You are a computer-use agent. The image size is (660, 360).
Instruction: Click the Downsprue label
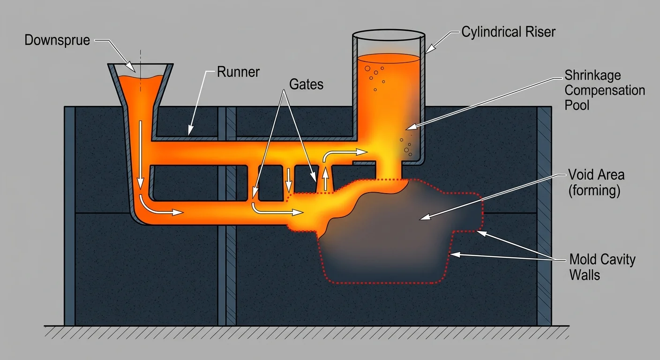[x=57, y=40]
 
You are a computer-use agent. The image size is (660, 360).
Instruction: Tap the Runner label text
[x=238, y=72]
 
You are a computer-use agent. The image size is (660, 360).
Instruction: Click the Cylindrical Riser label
[x=508, y=32]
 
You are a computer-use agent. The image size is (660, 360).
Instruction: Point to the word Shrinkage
[x=592, y=76]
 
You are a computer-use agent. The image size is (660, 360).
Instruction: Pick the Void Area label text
[x=596, y=175]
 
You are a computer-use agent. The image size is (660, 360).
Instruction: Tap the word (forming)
[x=594, y=191]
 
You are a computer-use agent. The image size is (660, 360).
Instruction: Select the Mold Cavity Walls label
[x=602, y=266]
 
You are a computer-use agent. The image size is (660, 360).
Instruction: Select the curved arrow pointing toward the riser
[x=342, y=154]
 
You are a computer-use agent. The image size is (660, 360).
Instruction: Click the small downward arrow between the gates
[x=289, y=177]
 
